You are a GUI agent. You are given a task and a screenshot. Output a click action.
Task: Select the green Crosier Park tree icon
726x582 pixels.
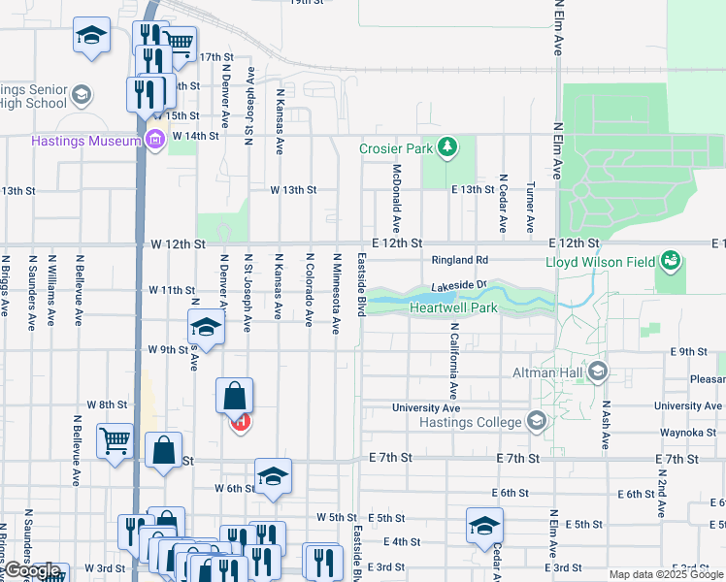point(447,148)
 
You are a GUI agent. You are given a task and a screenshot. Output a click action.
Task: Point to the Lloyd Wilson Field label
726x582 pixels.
point(599,262)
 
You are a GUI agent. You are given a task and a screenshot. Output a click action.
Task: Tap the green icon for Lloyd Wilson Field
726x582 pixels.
point(669,261)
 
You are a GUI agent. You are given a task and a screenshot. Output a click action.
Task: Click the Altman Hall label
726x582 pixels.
point(548,372)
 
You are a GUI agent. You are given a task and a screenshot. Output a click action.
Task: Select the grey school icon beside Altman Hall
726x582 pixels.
point(598,371)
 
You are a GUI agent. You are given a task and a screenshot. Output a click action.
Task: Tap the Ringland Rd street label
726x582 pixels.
point(460,260)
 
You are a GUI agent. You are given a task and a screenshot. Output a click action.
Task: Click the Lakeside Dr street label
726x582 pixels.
point(458,285)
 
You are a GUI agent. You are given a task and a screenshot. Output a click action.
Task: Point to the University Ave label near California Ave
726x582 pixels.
point(426,408)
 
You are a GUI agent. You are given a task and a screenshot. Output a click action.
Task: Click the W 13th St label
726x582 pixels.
point(292,190)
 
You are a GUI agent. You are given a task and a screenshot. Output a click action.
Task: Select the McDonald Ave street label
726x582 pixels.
point(396,190)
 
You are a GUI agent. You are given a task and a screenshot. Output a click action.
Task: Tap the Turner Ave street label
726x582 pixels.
point(530,208)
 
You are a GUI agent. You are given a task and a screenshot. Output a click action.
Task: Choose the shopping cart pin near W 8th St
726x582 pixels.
point(115,441)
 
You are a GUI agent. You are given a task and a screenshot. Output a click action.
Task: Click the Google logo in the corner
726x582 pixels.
point(32,572)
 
